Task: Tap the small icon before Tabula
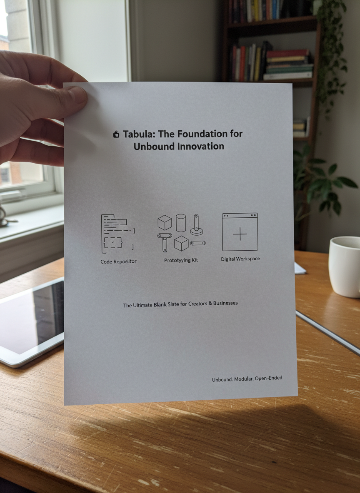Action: pyautogui.click(x=116, y=134)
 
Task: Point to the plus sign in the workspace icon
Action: pyautogui.click(x=240, y=234)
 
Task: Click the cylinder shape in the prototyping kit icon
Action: pyautogui.click(x=181, y=223)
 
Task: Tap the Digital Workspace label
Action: pyautogui.click(x=240, y=259)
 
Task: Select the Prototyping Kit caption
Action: pyautogui.click(x=181, y=260)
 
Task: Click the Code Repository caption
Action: pyautogui.click(x=118, y=261)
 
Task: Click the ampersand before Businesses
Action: pyautogui.click(x=210, y=304)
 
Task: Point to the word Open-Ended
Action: pyautogui.click(x=268, y=378)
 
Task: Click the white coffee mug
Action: pyautogui.click(x=344, y=266)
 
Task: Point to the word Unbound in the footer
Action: pyautogui.click(x=222, y=379)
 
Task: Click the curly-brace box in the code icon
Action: pyautogui.click(x=112, y=242)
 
